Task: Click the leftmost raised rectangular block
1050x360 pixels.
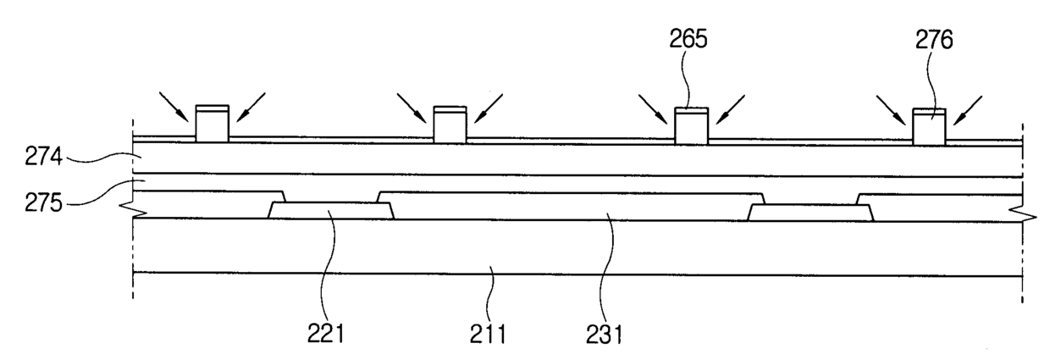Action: click(x=212, y=124)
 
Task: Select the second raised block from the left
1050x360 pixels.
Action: click(x=450, y=125)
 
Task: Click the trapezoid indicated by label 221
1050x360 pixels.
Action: click(x=331, y=210)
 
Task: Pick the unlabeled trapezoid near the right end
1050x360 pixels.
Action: click(x=811, y=212)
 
